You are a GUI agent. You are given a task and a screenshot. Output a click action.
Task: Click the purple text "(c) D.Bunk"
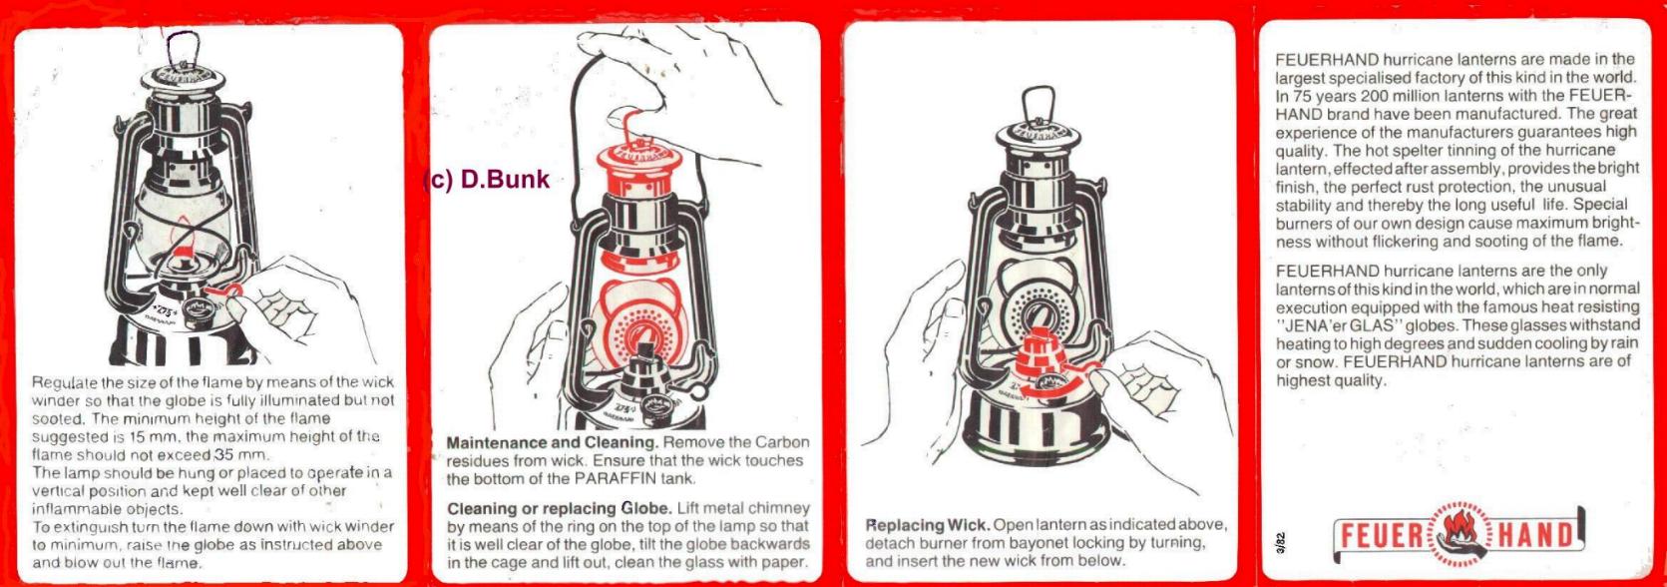pos(487,180)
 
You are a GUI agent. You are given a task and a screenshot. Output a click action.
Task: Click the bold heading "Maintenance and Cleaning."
pos(553,442)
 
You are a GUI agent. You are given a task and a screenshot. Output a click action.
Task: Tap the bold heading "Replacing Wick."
pos(927,525)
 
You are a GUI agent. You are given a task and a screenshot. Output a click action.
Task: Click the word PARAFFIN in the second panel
pos(613,478)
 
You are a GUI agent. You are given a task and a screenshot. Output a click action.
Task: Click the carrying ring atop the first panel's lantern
pos(183,48)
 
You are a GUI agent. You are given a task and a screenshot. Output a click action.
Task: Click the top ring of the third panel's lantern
pos(1040,104)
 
